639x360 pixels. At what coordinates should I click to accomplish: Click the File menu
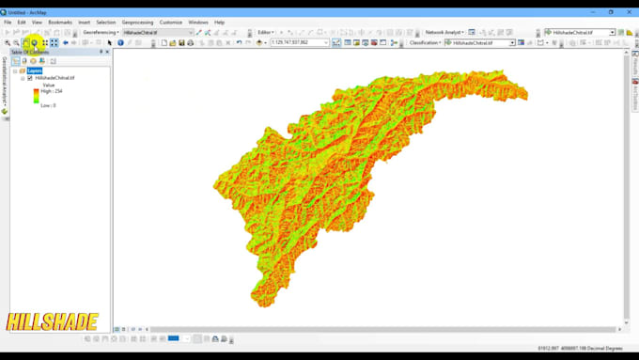point(8,22)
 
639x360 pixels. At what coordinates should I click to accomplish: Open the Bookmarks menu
point(60,22)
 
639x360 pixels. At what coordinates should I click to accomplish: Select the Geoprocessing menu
point(137,22)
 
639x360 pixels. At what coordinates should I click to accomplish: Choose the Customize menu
point(171,22)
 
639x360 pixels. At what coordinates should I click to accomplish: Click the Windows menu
point(198,22)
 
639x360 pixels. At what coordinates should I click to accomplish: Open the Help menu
point(220,22)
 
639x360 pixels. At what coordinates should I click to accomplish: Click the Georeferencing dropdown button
point(101,32)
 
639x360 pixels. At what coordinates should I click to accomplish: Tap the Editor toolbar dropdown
point(266,32)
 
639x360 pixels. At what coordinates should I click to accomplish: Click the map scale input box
point(299,42)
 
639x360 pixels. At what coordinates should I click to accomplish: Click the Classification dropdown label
point(426,42)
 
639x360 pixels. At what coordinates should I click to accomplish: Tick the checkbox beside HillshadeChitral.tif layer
point(30,78)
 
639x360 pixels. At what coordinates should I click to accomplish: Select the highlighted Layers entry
point(35,70)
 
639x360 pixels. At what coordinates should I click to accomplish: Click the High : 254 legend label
point(53,91)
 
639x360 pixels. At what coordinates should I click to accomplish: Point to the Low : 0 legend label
point(48,105)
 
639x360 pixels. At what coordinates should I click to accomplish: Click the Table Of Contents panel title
point(30,52)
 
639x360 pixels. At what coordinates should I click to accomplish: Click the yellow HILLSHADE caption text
point(52,322)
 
